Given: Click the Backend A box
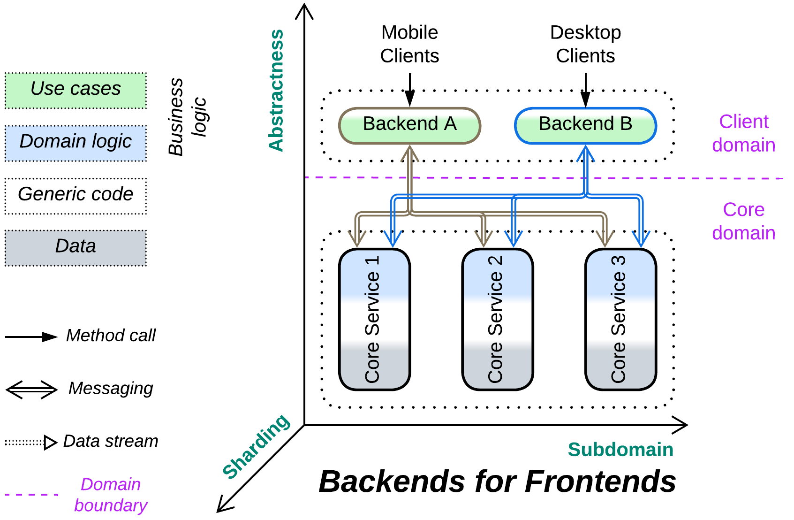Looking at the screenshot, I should tap(409, 126).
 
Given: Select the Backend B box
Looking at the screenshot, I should tap(585, 126).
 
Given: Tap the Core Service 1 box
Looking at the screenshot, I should tap(374, 319).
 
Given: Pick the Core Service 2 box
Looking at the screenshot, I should tap(497, 319).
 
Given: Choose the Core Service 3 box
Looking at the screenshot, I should tap(620, 319).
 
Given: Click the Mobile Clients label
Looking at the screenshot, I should tap(409, 44).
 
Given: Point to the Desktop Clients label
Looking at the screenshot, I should tap(585, 44).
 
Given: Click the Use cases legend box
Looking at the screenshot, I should tap(76, 91).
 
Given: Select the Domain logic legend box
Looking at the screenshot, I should tap(76, 143).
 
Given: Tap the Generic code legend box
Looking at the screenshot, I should tap(76, 196).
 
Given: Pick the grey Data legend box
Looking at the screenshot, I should tap(76, 248).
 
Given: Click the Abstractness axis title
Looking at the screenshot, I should tap(276, 90).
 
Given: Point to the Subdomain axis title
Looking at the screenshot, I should tap(620, 450).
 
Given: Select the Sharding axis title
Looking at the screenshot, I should tap(256, 446).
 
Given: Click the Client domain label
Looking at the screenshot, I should tap(743, 133).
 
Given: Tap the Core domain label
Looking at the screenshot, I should tap(743, 221).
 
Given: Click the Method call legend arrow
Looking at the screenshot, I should tap(31, 337).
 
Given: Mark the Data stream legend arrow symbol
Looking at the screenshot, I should tap(31, 442).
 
